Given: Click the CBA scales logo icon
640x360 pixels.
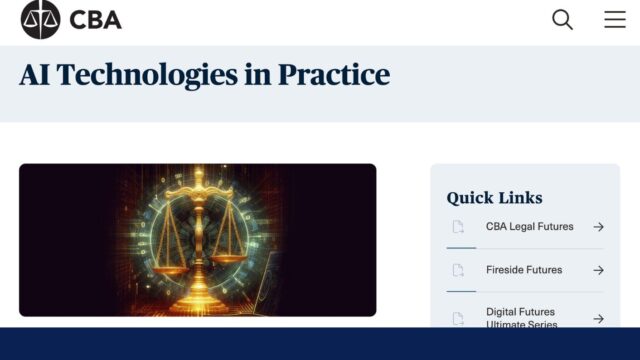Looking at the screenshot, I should [x=41, y=19].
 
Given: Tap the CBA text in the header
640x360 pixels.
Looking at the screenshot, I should [x=96, y=19].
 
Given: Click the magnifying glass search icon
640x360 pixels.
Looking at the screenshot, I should [x=562, y=19].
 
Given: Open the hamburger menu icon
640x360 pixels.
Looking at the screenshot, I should [x=615, y=19].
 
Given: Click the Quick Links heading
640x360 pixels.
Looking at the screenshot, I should [x=494, y=197].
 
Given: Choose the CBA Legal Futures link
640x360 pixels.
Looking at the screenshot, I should [x=529, y=227].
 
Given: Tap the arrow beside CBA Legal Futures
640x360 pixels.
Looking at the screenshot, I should [x=598, y=227].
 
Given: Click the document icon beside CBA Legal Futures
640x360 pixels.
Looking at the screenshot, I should [x=458, y=227].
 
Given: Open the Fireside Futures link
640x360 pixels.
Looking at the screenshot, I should [x=523, y=270].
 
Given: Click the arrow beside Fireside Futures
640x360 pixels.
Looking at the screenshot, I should [x=598, y=270].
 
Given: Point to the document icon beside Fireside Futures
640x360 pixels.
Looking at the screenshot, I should [x=458, y=270].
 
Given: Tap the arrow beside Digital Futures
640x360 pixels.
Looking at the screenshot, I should [x=598, y=318].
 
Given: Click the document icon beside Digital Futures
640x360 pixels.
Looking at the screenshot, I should [x=458, y=318].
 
